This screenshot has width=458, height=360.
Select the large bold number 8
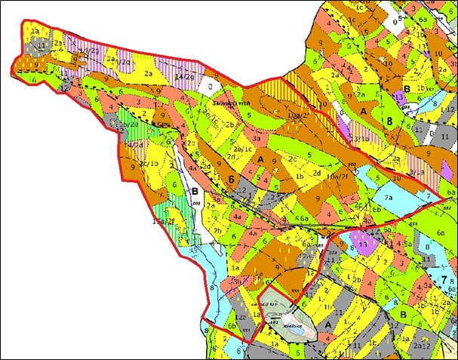(390, 120)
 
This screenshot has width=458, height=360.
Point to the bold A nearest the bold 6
(261, 160)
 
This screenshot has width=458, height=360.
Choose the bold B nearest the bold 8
(406, 88)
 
